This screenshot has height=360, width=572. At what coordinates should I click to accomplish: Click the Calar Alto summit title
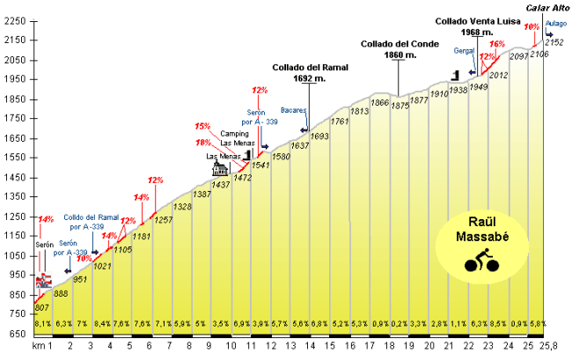(x=548, y=9)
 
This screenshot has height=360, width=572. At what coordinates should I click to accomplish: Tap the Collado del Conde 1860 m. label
(x=399, y=48)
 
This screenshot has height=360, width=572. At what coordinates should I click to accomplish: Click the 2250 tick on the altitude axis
(x=17, y=40)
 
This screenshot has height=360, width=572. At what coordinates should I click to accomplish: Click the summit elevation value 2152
(x=554, y=41)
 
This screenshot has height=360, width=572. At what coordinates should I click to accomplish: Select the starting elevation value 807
(x=41, y=307)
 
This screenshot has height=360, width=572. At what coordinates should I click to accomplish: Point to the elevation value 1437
(x=221, y=184)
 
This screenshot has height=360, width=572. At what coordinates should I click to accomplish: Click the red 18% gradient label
(x=203, y=143)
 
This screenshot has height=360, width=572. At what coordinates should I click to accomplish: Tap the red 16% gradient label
(x=497, y=43)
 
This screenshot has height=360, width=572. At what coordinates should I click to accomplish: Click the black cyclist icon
(x=481, y=261)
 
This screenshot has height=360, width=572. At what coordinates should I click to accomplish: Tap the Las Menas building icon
(x=216, y=168)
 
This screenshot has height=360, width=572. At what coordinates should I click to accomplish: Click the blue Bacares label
(x=293, y=111)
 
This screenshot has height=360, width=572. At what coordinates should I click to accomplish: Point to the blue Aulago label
(x=555, y=23)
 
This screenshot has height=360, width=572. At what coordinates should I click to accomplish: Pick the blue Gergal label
(x=465, y=51)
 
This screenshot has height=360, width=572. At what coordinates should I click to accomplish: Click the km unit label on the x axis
(x=38, y=347)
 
